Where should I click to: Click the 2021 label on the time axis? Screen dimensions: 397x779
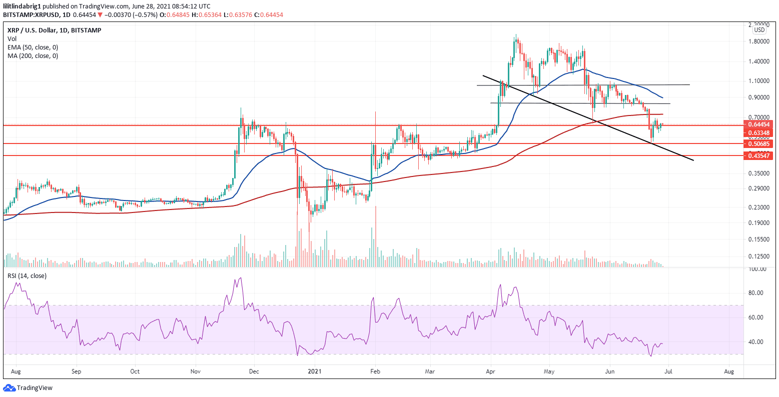[315, 372]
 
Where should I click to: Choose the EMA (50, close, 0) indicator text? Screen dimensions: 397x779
[33, 47]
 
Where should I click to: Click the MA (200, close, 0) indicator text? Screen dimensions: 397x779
[33, 55]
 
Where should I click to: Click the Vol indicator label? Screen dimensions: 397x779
[12, 38]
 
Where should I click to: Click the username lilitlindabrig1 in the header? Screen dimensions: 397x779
[23, 6]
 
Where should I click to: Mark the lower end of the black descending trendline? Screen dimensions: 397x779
[693, 160]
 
